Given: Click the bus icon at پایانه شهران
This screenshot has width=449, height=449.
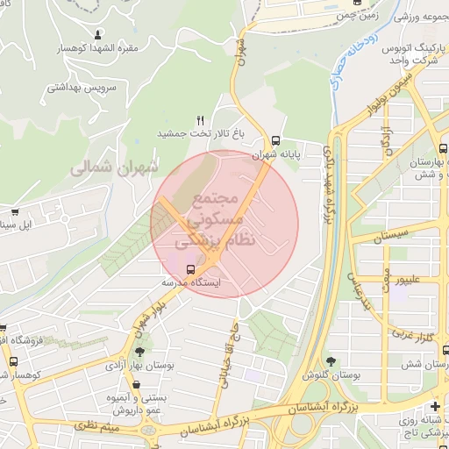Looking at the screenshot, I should tap(276, 139).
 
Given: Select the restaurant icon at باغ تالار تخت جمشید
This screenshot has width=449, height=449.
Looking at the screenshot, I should tap(201, 120).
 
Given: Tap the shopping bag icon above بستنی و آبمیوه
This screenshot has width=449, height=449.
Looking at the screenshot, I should tap(135, 384).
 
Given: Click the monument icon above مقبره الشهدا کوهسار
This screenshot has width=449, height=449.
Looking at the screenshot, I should tap(97, 35).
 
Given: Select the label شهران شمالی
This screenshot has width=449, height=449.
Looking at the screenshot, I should tap(118, 165).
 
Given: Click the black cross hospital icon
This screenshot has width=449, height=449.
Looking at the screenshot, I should tap(435, 405).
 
